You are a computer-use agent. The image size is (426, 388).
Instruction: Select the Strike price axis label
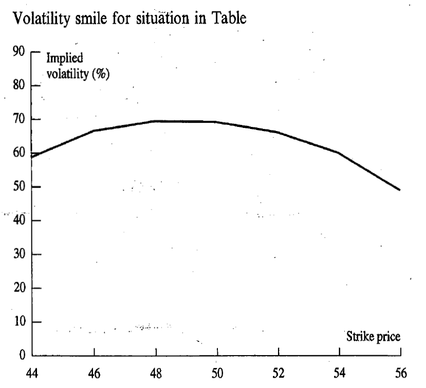(x=373, y=337)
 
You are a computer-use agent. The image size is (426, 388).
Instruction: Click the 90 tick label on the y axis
(x=19, y=52)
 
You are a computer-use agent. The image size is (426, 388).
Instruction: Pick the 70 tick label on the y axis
(x=19, y=119)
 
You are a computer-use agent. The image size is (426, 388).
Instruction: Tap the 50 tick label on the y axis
(x=19, y=187)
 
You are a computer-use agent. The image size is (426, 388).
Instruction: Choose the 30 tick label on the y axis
(x=19, y=254)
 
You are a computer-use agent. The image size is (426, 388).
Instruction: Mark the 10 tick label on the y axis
(x=19, y=322)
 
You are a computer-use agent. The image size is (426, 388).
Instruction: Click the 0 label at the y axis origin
(x=22, y=356)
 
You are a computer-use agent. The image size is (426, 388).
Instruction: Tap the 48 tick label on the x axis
(x=156, y=373)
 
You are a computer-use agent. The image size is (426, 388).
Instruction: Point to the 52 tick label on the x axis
(x=279, y=373)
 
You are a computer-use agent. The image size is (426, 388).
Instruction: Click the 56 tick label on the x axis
(x=400, y=373)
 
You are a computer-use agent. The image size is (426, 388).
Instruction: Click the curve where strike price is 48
(x=156, y=121)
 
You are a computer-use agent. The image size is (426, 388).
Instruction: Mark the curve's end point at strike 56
(x=400, y=190)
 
